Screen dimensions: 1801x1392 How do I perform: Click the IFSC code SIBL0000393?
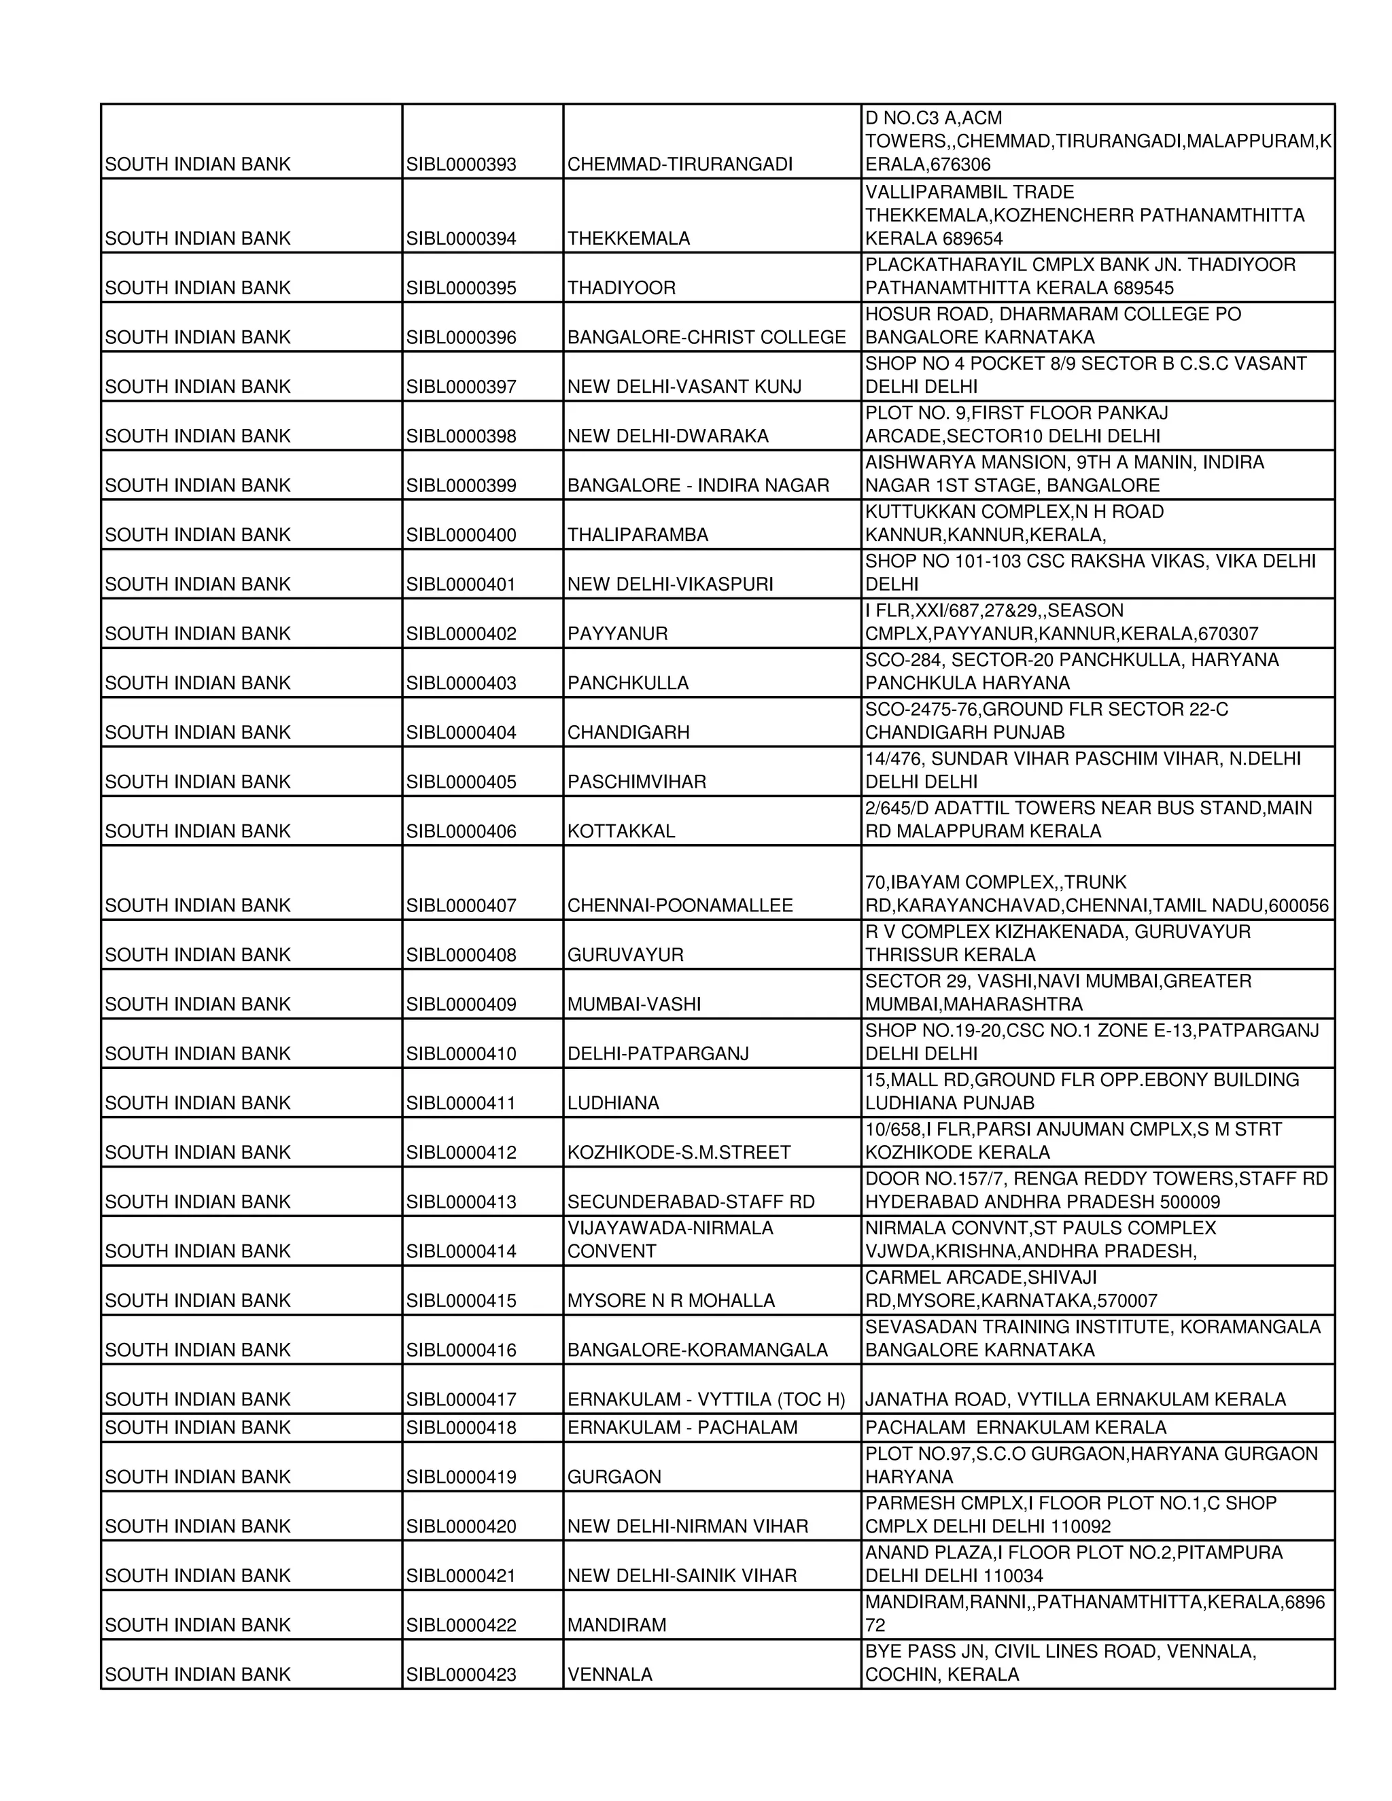tap(461, 164)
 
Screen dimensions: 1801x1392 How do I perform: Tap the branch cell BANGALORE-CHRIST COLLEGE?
tap(706, 337)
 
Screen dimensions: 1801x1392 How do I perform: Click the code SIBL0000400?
tap(461, 534)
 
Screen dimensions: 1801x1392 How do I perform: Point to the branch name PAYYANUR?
tap(617, 633)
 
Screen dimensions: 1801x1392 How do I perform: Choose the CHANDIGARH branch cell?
tap(629, 732)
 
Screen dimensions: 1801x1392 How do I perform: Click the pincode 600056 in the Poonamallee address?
tap(1299, 905)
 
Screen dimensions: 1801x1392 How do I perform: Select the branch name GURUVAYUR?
tap(625, 955)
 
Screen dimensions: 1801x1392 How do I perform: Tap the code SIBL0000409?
tap(461, 1004)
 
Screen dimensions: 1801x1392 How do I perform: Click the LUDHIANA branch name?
tap(612, 1103)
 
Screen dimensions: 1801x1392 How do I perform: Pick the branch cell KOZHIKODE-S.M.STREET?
tap(679, 1153)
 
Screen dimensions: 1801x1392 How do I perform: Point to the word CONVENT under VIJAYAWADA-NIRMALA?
tap(611, 1251)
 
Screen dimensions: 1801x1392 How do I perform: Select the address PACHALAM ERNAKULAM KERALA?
tap(1015, 1427)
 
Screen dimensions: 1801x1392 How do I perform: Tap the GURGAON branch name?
tap(614, 1477)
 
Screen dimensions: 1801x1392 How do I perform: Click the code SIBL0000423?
tap(461, 1675)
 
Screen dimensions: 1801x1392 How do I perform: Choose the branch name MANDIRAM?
tap(616, 1626)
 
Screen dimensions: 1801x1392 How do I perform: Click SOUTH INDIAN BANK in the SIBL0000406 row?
tap(198, 831)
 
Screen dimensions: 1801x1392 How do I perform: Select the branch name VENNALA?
tap(610, 1675)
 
